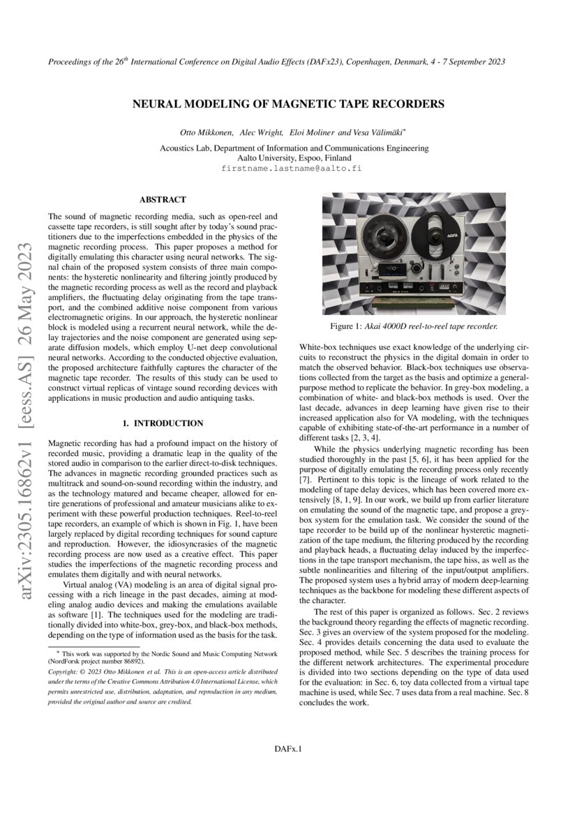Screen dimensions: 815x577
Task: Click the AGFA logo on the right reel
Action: [456, 227]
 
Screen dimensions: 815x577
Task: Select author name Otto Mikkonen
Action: [206, 132]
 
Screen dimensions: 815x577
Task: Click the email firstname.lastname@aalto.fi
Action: [292, 168]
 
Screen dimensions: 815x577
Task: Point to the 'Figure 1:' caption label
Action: [346, 326]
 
